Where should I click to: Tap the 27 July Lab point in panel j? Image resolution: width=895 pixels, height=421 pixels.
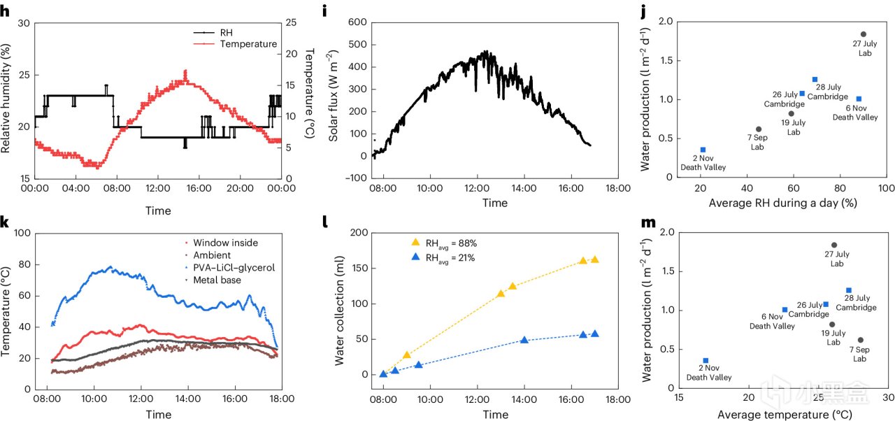pos(863,34)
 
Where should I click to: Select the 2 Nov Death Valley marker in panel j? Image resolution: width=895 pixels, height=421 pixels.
pos(703,150)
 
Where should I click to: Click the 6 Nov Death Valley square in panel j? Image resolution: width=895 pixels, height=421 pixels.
pos(859,99)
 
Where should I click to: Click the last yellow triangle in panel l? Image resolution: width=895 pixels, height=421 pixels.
pos(594,259)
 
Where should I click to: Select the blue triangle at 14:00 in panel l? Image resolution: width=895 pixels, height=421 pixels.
pos(524,341)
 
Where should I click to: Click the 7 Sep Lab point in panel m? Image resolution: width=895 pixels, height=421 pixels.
pos(860,341)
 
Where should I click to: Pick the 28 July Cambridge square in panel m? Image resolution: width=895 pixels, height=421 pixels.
pos(848,290)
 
